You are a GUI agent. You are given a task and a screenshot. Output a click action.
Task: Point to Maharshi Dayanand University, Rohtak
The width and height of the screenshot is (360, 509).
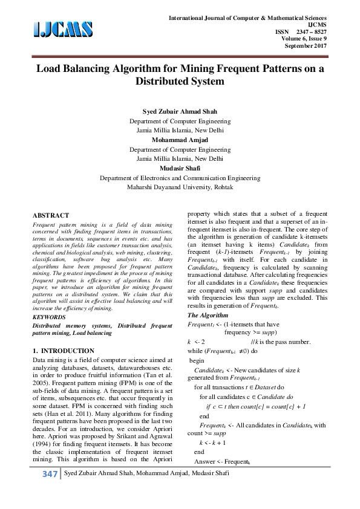180,187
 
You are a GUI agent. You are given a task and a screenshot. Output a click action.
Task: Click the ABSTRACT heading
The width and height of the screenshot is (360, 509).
50,215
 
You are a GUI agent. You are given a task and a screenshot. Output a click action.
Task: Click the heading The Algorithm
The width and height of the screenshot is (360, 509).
208,316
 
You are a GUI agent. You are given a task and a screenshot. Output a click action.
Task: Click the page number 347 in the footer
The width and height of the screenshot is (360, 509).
48,491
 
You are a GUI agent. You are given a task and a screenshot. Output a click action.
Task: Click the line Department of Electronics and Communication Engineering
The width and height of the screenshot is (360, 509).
180,178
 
